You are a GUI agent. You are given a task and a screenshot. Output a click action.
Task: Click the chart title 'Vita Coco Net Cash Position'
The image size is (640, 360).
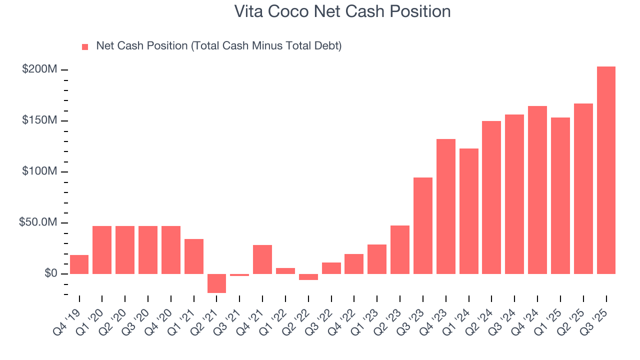[x=342, y=11]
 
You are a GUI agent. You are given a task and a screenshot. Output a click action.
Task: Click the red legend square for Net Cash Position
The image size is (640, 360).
[x=85, y=46]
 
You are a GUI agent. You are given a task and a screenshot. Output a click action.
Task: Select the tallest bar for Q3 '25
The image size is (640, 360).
[x=606, y=170]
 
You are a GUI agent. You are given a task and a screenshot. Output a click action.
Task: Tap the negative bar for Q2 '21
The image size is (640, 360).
[x=216, y=283]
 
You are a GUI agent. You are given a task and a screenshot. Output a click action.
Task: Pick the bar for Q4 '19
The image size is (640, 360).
[x=79, y=264]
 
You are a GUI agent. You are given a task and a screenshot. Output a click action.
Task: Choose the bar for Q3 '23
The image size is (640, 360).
[x=423, y=225]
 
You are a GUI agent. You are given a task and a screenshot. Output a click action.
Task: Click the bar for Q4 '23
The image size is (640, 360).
[x=446, y=206]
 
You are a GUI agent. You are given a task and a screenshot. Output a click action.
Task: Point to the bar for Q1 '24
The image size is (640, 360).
[x=469, y=211]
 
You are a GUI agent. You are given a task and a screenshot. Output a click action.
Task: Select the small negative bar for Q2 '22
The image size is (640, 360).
[x=308, y=276]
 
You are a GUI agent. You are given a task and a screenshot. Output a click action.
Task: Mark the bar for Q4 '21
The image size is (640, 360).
[x=262, y=259]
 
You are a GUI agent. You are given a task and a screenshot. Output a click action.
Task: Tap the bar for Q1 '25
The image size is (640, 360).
[x=560, y=195]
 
